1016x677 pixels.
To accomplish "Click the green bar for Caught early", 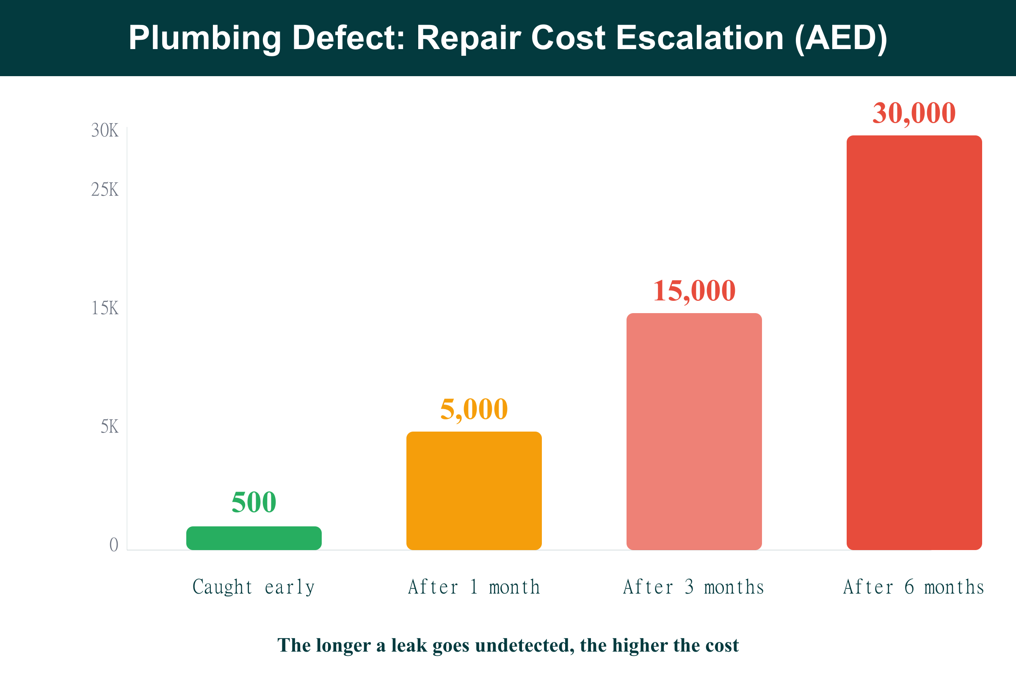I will coord(254,538).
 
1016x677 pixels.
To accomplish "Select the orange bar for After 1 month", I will coord(474,490).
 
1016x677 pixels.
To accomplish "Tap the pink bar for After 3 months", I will coord(694,431).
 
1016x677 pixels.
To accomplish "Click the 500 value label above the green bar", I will coord(254,502).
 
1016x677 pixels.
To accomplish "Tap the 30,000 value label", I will coord(914,113).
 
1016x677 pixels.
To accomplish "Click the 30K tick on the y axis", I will coord(105,130).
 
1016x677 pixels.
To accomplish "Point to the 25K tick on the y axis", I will coord(105,190).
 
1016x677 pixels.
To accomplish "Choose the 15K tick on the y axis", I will coord(105,308).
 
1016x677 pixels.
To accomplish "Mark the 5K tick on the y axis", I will coord(109,427).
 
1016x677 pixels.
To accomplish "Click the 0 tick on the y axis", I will coord(113,545).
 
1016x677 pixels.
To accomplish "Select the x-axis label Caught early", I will coord(254,587).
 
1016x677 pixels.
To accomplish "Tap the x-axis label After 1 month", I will coord(474,587).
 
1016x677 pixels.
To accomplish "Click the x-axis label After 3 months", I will coord(694,587).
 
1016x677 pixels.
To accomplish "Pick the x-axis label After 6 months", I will coord(914,587).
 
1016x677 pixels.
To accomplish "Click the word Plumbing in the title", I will coord(205,38).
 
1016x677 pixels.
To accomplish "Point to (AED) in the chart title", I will coord(841,38).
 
